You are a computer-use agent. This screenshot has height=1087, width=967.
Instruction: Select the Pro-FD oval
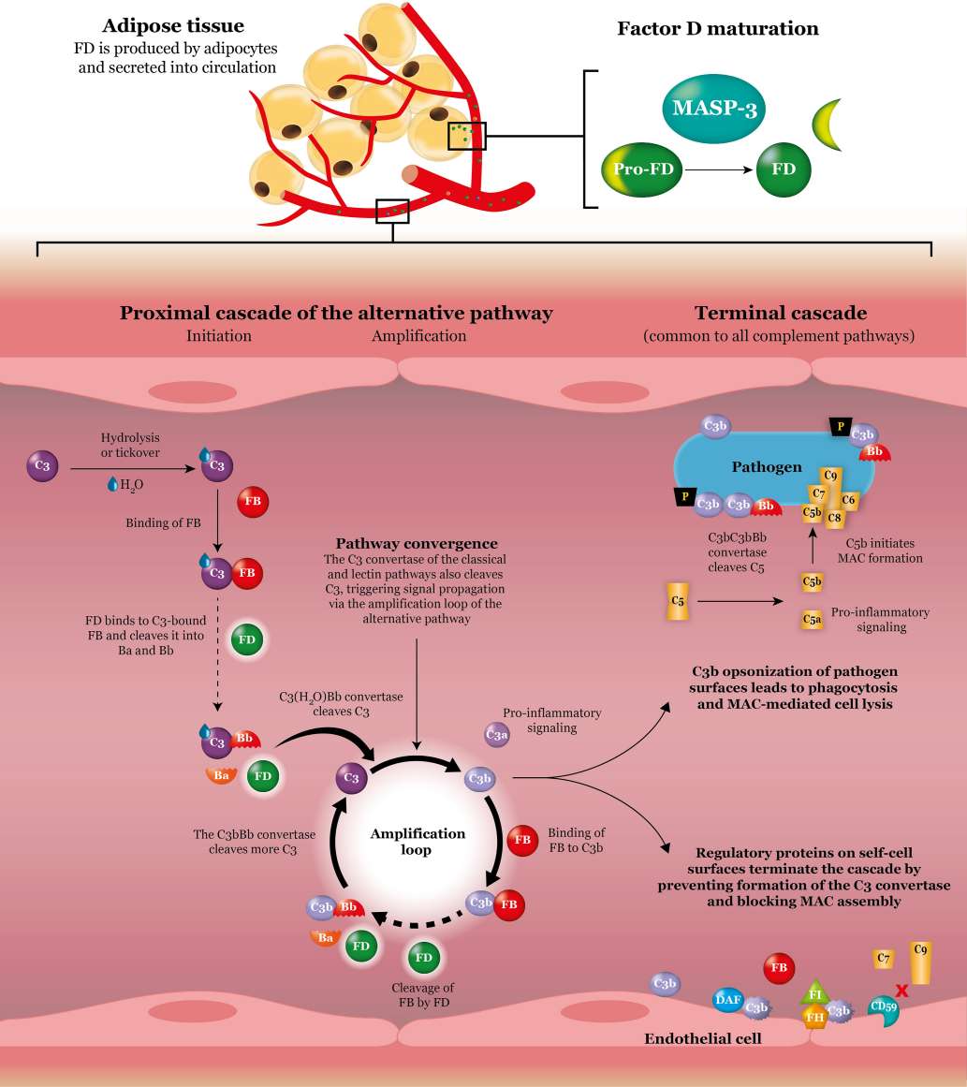641,169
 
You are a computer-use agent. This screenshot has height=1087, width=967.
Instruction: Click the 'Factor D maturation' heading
717,29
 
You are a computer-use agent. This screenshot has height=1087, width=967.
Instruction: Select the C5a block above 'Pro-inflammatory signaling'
812,619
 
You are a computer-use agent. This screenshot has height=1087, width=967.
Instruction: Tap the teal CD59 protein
883,1007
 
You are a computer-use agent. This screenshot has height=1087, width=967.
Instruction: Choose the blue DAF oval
728,1001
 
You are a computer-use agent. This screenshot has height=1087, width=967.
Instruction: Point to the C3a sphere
497,735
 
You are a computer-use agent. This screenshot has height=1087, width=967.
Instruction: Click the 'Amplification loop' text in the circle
418,842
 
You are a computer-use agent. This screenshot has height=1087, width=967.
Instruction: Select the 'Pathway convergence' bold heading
417,543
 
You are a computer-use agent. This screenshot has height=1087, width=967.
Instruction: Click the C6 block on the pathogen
849,501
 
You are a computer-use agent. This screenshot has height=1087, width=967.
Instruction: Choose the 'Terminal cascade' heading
780,313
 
